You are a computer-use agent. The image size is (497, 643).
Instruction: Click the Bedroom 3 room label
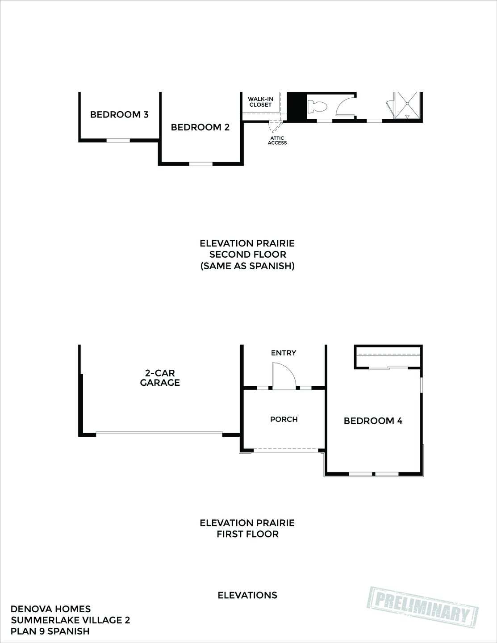[x=119, y=114]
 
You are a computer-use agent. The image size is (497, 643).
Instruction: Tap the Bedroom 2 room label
[x=200, y=127]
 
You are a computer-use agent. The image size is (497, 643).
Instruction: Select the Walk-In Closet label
[x=260, y=102]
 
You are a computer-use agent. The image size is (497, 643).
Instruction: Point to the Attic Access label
[x=277, y=140]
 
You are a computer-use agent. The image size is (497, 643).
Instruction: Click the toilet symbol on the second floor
[x=317, y=107]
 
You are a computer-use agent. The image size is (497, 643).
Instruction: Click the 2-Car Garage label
[x=160, y=378]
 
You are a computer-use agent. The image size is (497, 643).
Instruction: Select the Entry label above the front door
[x=284, y=353]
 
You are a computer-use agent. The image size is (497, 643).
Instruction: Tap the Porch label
[x=284, y=419]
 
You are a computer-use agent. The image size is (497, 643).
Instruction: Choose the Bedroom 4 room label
[x=373, y=421]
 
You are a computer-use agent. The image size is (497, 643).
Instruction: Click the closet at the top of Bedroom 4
[x=388, y=357]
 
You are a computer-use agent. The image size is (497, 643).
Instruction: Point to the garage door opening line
[x=159, y=433]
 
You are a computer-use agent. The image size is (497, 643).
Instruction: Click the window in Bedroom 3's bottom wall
[x=118, y=140]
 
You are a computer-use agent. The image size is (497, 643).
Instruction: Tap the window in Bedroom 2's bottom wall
[x=201, y=164]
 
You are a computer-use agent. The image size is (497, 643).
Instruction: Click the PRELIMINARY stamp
[x=422, y=606]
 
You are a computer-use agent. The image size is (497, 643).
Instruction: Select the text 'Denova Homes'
[x=50, y=609]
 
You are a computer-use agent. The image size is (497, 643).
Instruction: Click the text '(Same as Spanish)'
[x=247, y=266]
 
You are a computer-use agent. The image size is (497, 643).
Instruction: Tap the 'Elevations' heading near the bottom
[x=247, y=595]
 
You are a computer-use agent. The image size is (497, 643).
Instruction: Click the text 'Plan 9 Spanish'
[x=50, y=631]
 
